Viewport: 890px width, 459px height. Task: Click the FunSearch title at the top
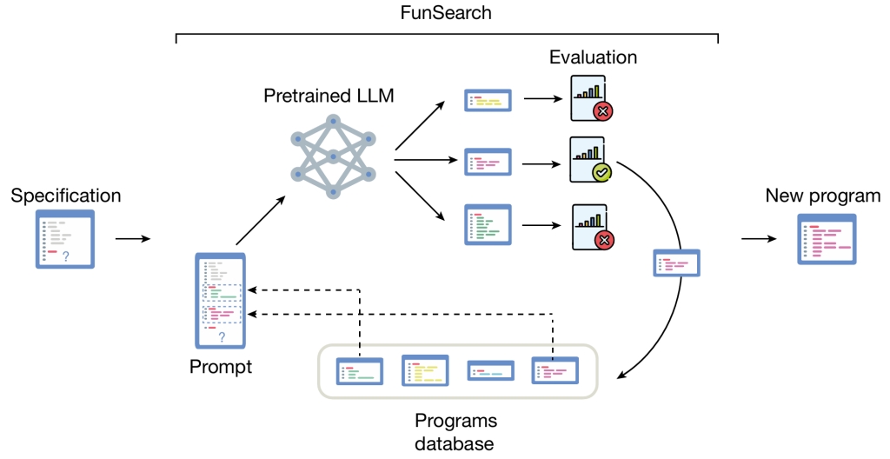pyautogui.click(x=446, y=12)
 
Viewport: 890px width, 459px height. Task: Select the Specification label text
pyautogui.click(x=66, y=196)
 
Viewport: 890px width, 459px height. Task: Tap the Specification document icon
pyautogui.click(x=65, y=239)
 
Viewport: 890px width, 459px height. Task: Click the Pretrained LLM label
pyautogui.click(x=329, y=96)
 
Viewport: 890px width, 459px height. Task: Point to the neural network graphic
pyautogui.click(x=333, y=156)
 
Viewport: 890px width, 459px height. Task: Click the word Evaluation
pyautogui.click(x=593, y=57)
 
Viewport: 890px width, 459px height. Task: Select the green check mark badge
pyautogui.click(x=601, y=172)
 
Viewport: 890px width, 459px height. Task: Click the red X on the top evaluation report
pyautogui.click(x=603, y=111)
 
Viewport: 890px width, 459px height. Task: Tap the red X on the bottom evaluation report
pyautogui.click(x=604, y=240)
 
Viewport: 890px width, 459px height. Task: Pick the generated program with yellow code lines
pyautogui.click(x=488, y=101)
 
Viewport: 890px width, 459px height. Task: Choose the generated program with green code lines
pyautogui.click(x=488, y=225)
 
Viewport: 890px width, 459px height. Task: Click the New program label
pyautogui.click(x=823, y=196)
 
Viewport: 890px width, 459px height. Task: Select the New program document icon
pyautogui.click(x=827, y=239)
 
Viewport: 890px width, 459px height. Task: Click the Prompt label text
pyautogui.click(x=221, y=366)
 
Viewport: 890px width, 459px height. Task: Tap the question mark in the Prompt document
pyautogui.click(x=222, y=337)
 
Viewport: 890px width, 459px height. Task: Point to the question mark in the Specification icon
pyautogui.click(x=66, y=256)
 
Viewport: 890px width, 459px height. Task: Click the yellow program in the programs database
pyautogui.click(x=425, y=370)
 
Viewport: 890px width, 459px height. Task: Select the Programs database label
pyautogui.click(x=455, y=432)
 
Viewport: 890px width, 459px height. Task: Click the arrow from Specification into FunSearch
pyautogui.click(x=133, y=239)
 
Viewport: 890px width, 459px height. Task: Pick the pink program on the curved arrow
pyautogui.click(x=676, y=263)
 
